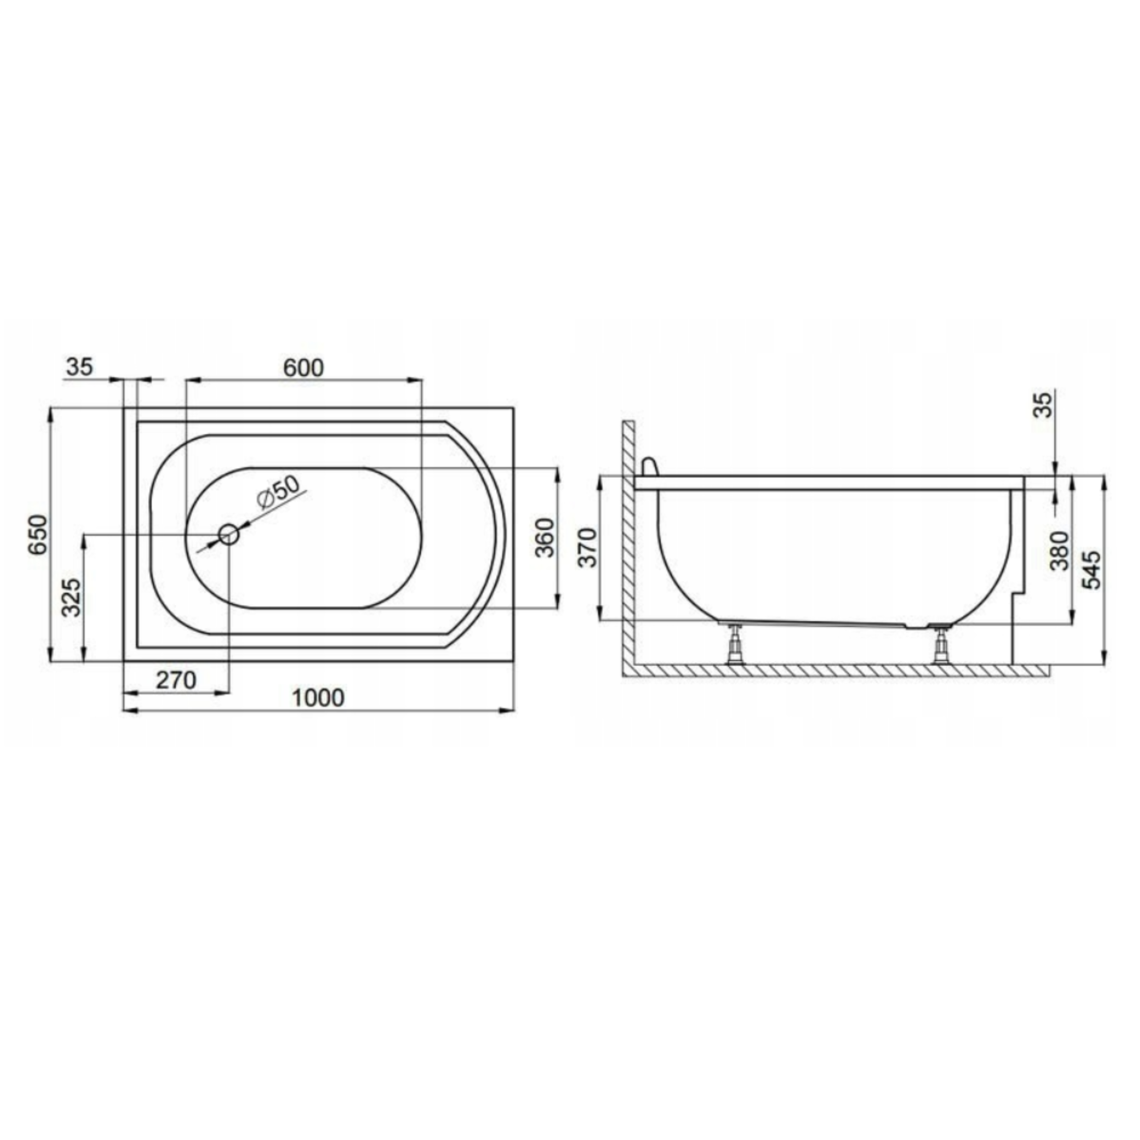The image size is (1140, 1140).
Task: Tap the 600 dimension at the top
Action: click(303, 368)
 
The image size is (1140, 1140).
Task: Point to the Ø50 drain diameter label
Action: click(278, 491)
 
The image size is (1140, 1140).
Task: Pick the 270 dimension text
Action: click(176, 680)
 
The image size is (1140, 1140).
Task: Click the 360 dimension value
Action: click(544, 537)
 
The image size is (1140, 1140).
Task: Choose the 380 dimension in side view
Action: click(1060, 550)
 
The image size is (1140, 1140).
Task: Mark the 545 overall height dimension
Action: click(1093, 570)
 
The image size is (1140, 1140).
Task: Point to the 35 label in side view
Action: click(1044, 405)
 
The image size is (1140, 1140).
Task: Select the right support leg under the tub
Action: click(939, 646)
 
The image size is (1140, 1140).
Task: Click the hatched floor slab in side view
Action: click(838, 670)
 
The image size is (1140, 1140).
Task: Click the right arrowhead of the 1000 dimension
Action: click(509, 710)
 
